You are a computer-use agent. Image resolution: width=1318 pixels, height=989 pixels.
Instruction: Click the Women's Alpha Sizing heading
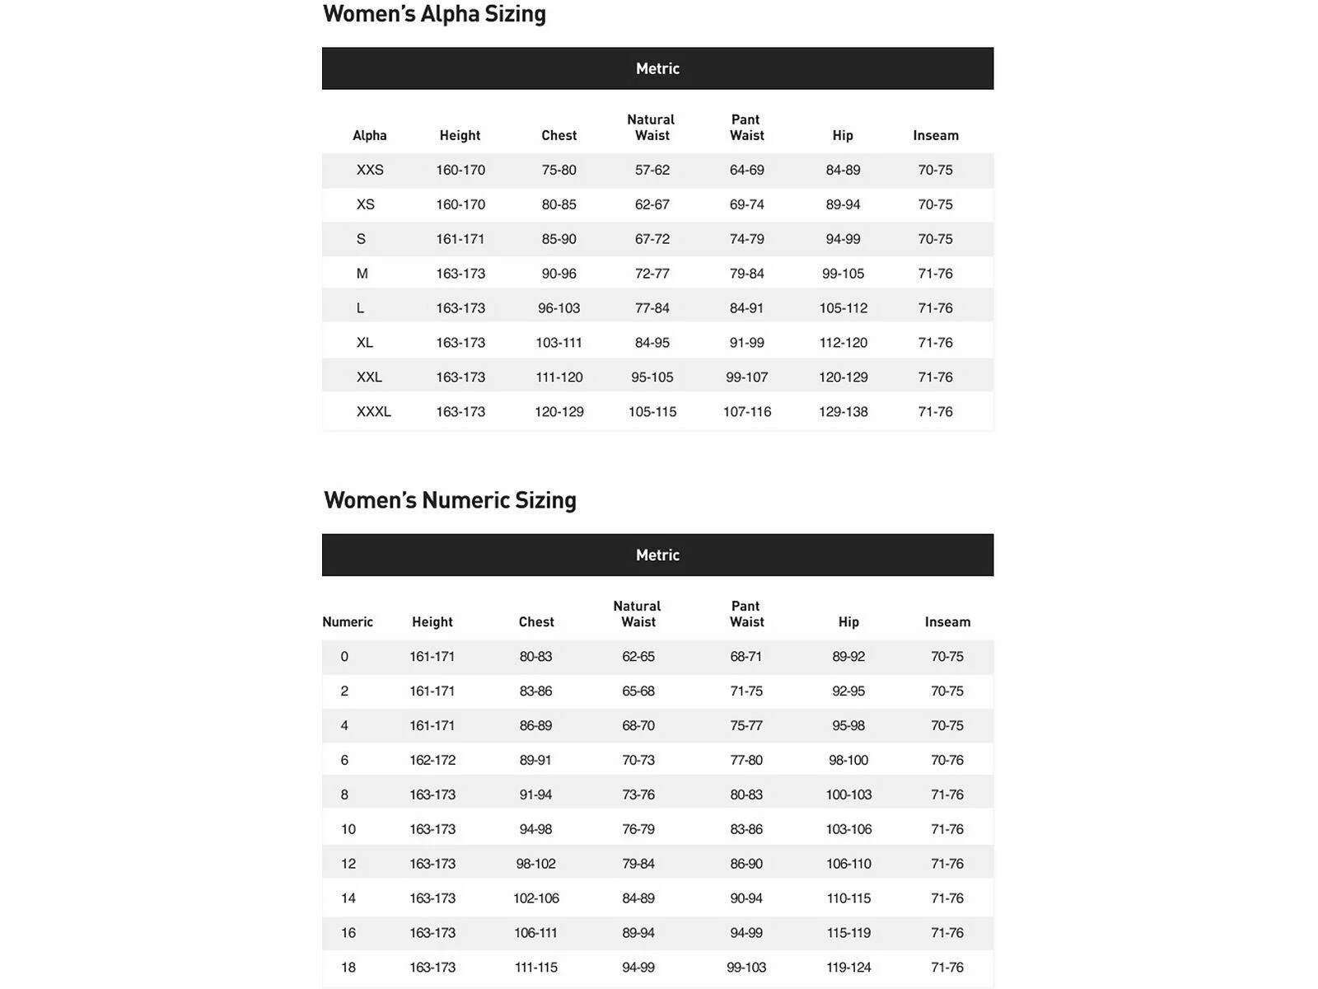click(x=434, y=14)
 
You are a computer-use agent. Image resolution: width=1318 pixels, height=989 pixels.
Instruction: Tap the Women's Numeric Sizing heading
click(x=450, y=500)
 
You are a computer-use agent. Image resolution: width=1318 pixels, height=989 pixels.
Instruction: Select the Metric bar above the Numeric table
click(x=657, y=555)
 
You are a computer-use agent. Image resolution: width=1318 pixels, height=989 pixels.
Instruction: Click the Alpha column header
click(x=369, y=135)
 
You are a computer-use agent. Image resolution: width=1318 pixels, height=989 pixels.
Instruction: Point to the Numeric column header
click(x=348, y=622)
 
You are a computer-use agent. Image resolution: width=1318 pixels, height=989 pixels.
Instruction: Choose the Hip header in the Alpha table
click(x=843, y=135)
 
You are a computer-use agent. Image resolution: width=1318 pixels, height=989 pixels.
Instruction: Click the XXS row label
click(x=370, y=170)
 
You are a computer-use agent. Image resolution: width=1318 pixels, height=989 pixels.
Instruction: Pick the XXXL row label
click(x=373, y=411)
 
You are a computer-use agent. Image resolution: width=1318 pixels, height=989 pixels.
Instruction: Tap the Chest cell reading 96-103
click(x=559, y=308)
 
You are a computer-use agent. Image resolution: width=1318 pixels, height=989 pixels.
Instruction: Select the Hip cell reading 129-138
click(x=843, y=411)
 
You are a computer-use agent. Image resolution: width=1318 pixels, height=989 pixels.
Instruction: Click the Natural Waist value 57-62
click(x=652, y=170)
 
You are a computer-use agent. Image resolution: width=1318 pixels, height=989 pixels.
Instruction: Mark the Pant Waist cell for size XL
click(x=746, y=343)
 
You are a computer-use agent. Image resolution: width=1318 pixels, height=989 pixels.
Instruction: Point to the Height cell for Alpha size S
click(x=460, y=239)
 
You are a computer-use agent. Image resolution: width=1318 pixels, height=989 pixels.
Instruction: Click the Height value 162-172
click(x=432, y=760)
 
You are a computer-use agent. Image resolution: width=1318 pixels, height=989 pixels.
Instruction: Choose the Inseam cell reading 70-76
click(x=946, y=760)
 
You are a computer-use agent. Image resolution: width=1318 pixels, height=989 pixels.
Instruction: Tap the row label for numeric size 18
click(x=348, y=968)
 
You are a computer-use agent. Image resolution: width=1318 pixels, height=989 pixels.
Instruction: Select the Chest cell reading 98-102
click(x=535, y=864)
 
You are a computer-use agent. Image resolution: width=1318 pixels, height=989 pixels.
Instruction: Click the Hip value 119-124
click(x=848, y=968)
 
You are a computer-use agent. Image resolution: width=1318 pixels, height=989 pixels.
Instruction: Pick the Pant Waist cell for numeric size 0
click(x=745, y=657)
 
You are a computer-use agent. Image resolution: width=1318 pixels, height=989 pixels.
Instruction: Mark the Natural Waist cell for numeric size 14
click(x=638, y=898)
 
